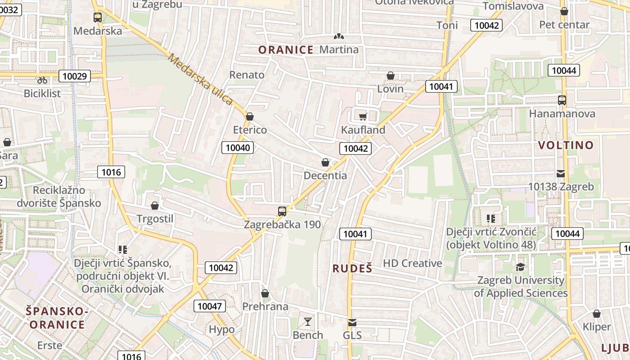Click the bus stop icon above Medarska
(97, 18)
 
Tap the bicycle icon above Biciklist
(42, 80)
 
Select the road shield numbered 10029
(74, 76)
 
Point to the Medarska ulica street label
(201, 79)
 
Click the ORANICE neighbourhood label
(286, 50)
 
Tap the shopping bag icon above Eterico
(250, 117)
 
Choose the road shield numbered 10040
(238, 147)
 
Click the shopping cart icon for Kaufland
(363, 117)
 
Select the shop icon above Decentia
(325, 162)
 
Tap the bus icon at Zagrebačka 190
(282, 211)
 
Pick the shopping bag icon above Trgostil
(155, 206)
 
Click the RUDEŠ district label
(352, 269)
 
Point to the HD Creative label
(412, 263)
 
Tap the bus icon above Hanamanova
(562, 100)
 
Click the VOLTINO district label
(566, 145)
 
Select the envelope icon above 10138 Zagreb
(561, 173)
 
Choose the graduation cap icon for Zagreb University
(520, 267)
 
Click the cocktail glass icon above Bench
(308, 322)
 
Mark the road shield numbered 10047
(210, 306)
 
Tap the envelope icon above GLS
(352, 323)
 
